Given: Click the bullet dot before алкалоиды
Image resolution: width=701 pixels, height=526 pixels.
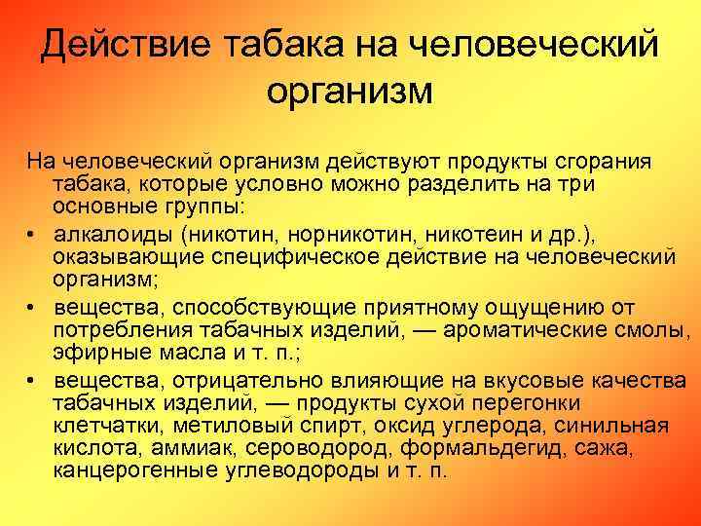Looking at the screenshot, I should click(x=32, y=235).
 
